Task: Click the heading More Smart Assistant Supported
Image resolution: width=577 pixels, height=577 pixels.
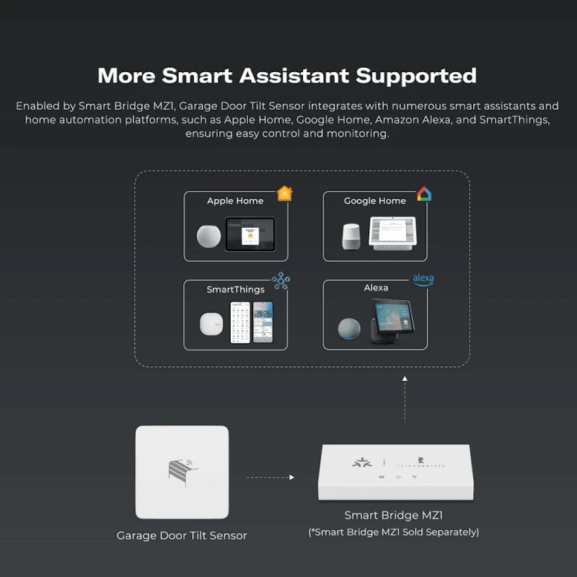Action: [x=287, y=75]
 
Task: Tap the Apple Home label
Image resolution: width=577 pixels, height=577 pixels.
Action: [x=235, y=201]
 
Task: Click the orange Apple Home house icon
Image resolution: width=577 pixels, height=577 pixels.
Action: [x=284, y=193]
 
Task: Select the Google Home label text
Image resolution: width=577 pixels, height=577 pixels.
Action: [x=375, y=201]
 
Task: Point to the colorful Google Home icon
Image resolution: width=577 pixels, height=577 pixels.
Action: [x=423, y=194]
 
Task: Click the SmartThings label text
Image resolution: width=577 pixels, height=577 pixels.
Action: [x=235, y=289]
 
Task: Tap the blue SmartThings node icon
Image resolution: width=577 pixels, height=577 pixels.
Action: [x=280, y=281]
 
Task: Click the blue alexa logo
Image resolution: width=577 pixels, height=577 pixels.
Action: [x=423, y=279]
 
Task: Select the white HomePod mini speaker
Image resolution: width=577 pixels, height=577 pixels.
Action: [x=209, y=236]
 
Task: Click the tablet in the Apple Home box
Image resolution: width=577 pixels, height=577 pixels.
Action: [x=250, y=234]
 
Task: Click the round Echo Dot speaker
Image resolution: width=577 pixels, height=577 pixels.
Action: [x=351, y=327]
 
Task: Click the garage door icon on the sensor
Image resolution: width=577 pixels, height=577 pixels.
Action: [x=182, y=470]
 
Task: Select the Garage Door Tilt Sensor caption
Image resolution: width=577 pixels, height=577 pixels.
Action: [x=182, y=535]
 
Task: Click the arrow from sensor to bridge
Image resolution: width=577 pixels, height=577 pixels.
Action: [x=270, y=477]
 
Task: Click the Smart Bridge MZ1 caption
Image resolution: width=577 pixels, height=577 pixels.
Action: [x=393, y=516]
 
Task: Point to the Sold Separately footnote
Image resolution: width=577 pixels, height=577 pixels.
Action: [x=393, y=532]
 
